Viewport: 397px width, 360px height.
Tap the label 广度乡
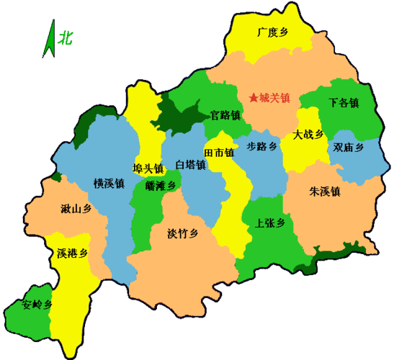[x=273, y=32]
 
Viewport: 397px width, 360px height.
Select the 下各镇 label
[x=343, y=103]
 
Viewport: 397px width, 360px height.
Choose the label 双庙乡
[x=348, y=148]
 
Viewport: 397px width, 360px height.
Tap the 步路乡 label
[x=262, y=146]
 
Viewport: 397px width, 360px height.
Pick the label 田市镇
[x=219, y=153]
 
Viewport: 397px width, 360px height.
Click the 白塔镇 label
[x=190, y=165]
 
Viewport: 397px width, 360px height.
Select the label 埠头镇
[x=148, y=168]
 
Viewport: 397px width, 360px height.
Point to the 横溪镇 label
[x=109, y=184]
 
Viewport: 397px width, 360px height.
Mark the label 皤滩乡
[x=160, y=185]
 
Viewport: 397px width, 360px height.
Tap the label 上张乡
[x=270, y=222]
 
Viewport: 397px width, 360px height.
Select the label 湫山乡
[x=76, y=210]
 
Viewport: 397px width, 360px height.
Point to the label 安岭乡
[x=37, y=304]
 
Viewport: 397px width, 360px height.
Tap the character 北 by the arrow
[x=67, y=35]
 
